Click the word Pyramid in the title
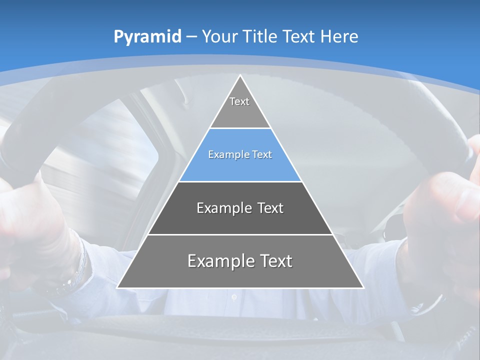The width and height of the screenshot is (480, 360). (x=147, y=37)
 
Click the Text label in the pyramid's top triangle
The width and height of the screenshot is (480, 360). (x=239, y=101)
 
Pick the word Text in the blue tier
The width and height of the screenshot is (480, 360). (x=262, y=155)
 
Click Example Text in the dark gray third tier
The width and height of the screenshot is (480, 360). (x=240, y=208)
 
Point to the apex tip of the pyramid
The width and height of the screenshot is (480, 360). (x=240, y=75)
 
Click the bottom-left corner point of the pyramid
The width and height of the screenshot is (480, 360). (x=117, y=288)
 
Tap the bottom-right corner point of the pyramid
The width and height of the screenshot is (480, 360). (x=363, y=288)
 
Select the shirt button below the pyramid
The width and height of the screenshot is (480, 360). (x=234, y=297)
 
